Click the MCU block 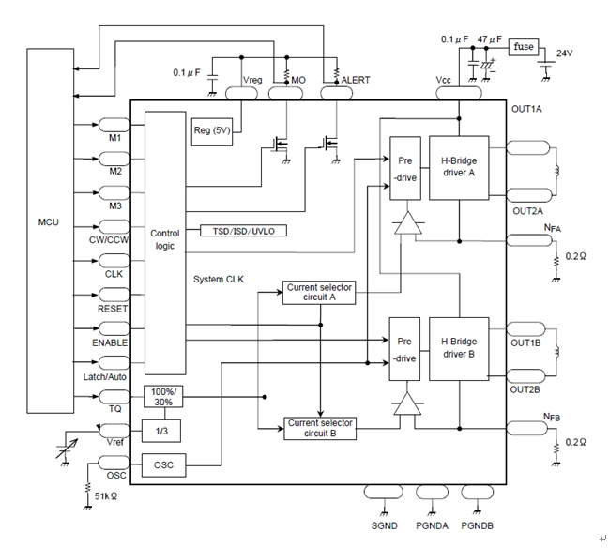click(49, 225)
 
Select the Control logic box click(165, 240)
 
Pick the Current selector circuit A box click(319, 293)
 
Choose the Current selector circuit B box click(319, 428)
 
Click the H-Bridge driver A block click(458, 166)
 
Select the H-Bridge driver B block click(458, 347)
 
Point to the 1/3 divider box click(161, 431)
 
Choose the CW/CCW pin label click(110, 239)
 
